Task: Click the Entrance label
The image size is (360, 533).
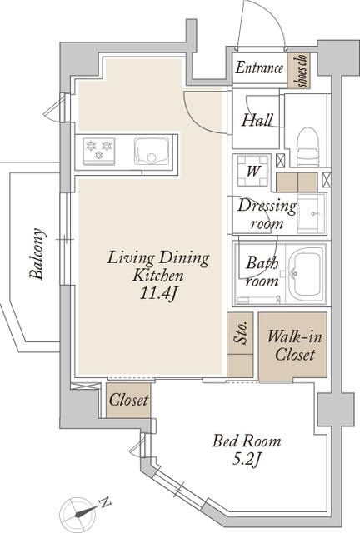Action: click(259, 67)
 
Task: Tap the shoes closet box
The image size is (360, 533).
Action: click(299, 70)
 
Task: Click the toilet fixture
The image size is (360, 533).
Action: click(308, 147)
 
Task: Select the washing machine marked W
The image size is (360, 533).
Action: click(252, 171)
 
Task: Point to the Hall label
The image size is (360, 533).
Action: click(257, 120)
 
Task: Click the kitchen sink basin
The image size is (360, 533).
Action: click(152, 152)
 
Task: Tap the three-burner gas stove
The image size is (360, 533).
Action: click(99, 151)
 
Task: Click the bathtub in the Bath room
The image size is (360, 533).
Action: click(306, 274)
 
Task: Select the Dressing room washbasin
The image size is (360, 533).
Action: click(312, 213)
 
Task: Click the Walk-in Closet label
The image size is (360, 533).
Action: click(295, 346)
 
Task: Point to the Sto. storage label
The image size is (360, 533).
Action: click(241, 333)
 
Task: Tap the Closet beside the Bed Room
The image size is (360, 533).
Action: click(128, 401)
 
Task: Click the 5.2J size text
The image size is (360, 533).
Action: click(247, 460)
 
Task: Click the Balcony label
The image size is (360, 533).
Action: click(37, 253)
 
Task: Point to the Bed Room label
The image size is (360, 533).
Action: click(247, 441)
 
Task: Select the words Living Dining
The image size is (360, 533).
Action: click(157, 257)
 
